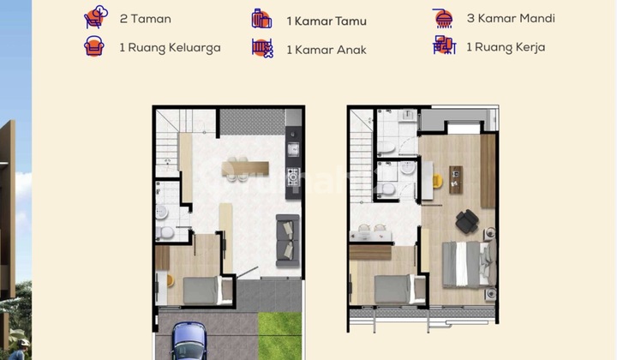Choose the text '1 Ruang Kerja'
[x=505, y=47]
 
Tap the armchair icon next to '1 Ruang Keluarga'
[x=94, y=47]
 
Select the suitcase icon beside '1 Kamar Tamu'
[x=261, y=19]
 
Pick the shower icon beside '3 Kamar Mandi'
[x=444, y=17]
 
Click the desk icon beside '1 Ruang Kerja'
[x=444, y=46]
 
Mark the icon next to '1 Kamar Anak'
[x=261, y=49]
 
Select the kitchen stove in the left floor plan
[x=292, y=177]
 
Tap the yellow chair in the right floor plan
[x=438, y=181]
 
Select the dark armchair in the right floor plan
[x=467, y=221]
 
